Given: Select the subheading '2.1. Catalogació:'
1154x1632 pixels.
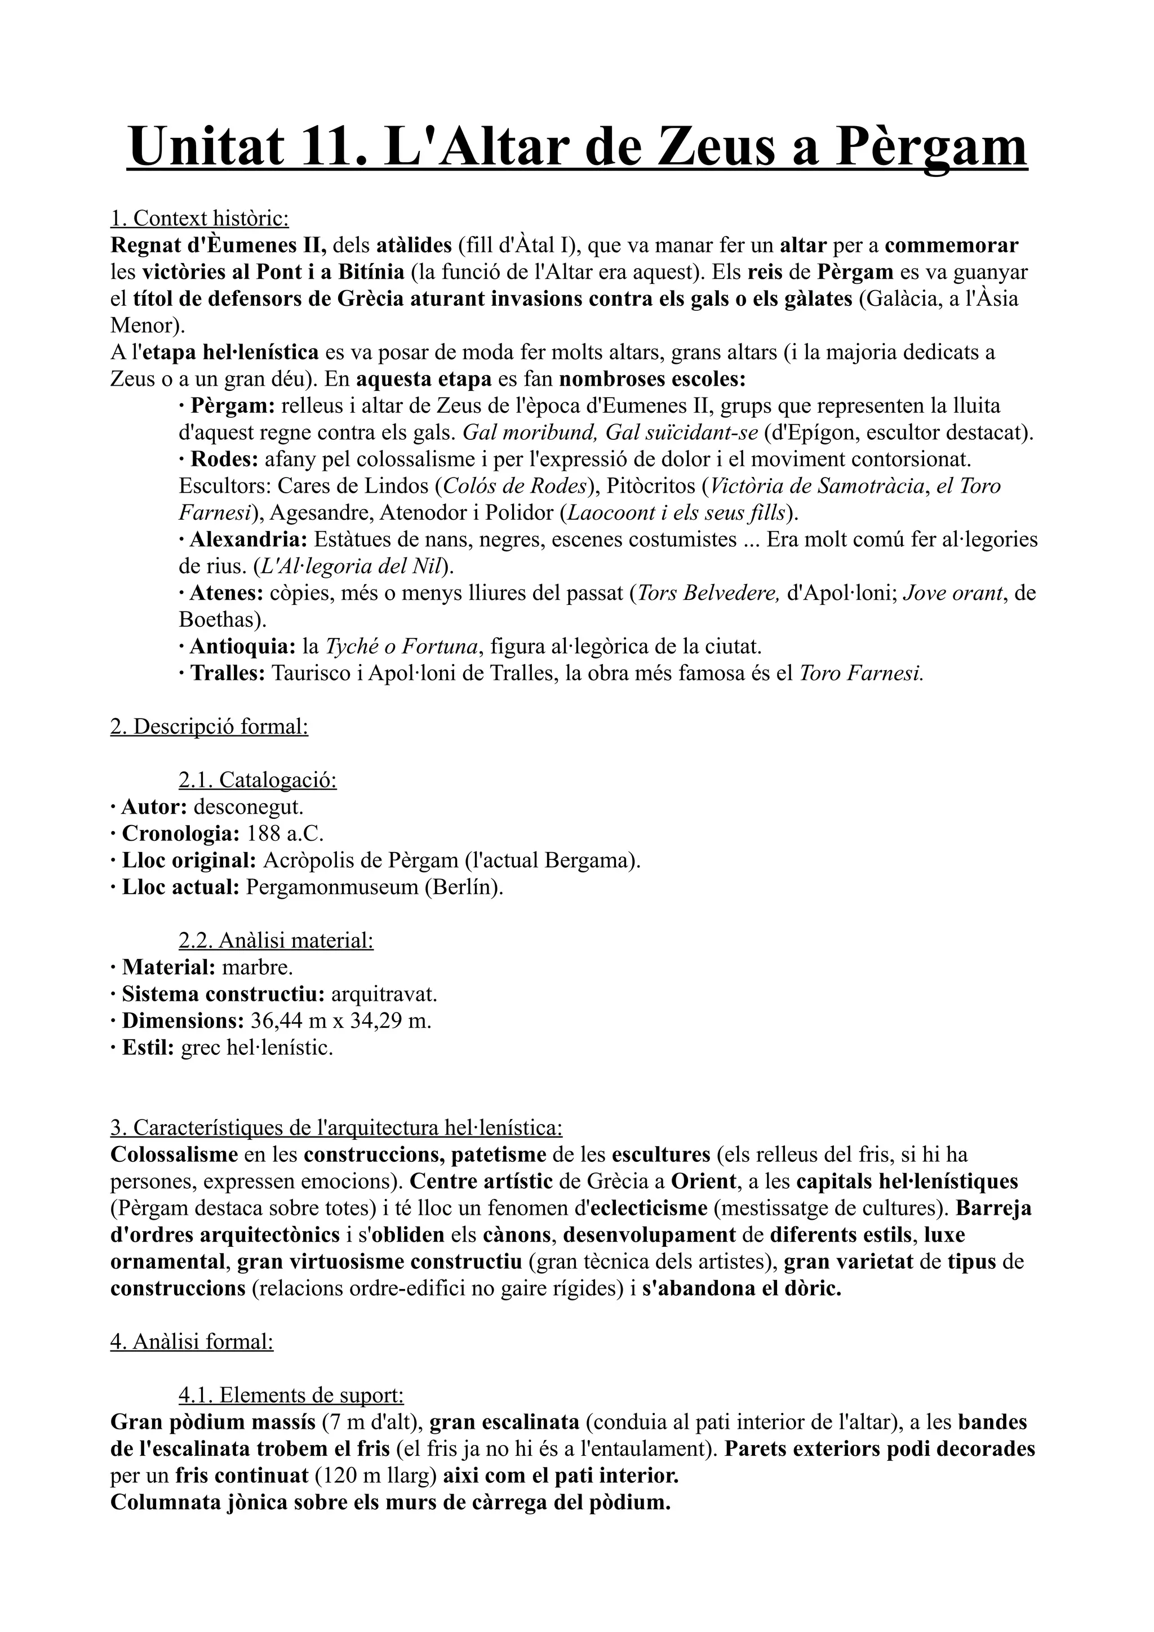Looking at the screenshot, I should (x=258, y=781).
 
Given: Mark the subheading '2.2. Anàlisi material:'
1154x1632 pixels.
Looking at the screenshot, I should (x=276, y=941).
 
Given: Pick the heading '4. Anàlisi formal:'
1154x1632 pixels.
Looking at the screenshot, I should (x=192, y=1343).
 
